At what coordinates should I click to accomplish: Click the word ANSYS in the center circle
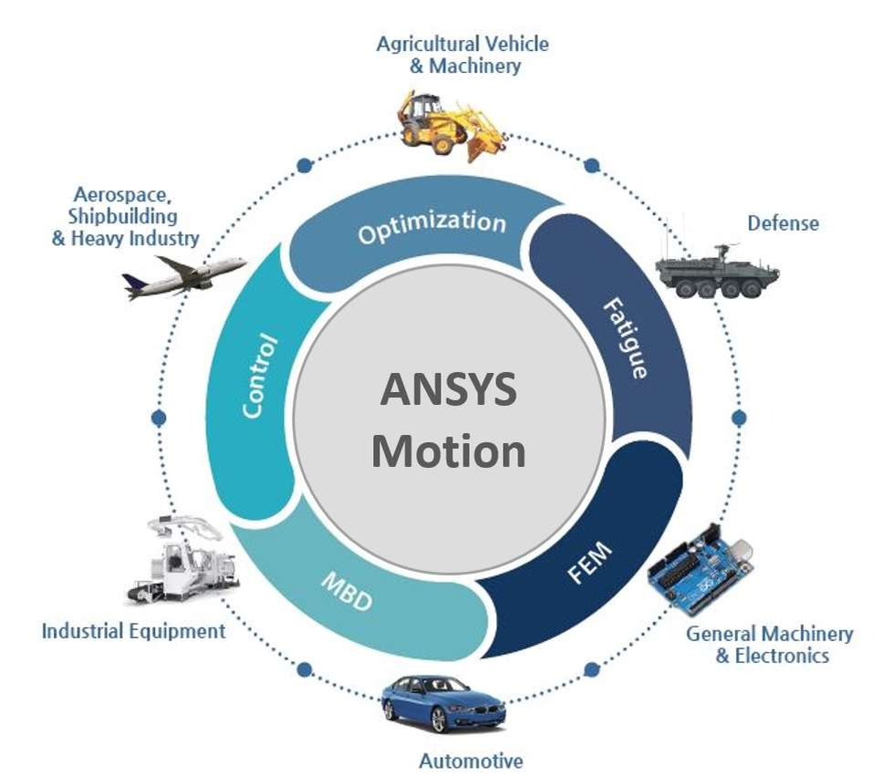(448, 389)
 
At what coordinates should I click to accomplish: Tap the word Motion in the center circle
(448, 450)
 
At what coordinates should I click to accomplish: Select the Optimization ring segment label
(431, 226)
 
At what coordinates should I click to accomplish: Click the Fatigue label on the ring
(627, 338)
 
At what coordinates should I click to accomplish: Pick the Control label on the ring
(259, 377)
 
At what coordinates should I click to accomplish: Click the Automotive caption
(471, 760)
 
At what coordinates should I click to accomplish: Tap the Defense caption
(783, 222)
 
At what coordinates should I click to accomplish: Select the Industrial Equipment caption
(133, 630)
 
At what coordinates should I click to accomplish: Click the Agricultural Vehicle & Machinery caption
(462, 55)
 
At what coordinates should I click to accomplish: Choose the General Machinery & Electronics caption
(770, 644)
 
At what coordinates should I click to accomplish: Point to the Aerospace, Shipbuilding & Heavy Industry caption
(125, 217)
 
